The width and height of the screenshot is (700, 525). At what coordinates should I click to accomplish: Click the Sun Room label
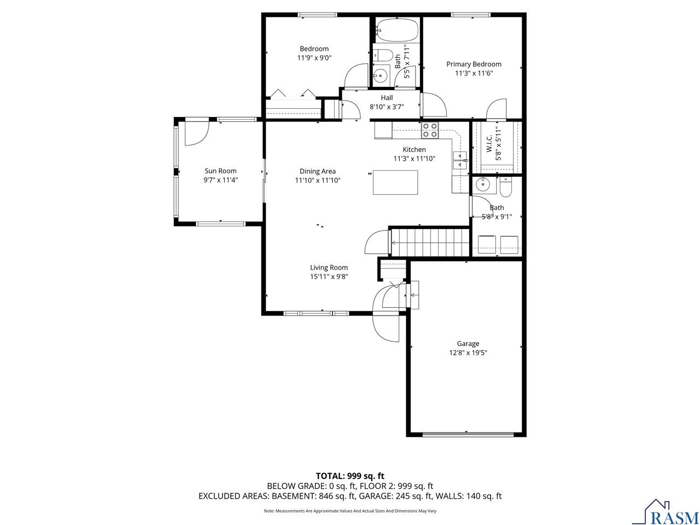point(220,171)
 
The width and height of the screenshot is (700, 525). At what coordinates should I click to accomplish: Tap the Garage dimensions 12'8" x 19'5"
point(468,353)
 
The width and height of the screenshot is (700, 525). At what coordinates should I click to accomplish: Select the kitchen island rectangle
point(395,182)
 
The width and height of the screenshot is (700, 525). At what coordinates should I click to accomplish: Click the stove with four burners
point(429,130)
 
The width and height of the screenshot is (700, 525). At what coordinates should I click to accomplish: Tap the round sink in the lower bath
point(482,185)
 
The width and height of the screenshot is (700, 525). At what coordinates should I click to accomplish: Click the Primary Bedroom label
point(474,64)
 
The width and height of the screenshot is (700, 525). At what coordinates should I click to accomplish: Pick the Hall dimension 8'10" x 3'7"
point(387,107)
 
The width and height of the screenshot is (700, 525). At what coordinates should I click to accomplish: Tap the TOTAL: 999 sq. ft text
point(354,476)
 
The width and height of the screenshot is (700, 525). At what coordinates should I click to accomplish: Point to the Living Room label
point(329,267)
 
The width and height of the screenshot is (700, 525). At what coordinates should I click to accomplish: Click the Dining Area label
point(317,171)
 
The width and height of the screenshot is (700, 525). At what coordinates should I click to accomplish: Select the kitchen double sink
point(459,160)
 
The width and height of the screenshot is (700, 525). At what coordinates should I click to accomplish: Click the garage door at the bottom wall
point(468,435)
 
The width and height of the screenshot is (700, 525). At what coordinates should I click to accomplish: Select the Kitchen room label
point(414,149)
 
